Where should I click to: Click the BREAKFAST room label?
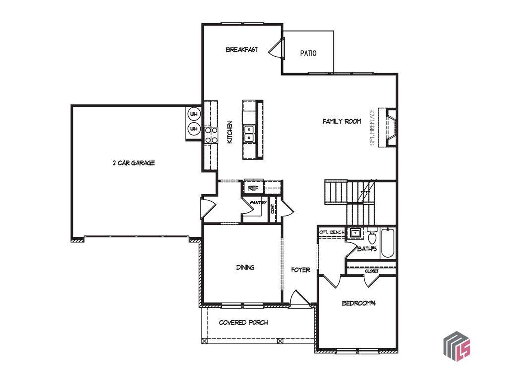[x=242, y=50]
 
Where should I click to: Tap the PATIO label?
[x=308, y=53]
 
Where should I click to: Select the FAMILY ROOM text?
[x=342, y=121]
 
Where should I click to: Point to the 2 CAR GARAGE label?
[x=134, y=163]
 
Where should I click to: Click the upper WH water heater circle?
[x=194, y=114]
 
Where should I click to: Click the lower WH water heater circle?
[x=194, y=129]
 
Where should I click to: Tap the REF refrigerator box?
[x=254, y=188]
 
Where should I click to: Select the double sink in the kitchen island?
[x=249, y=133]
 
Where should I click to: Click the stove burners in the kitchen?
[x=211, y=135]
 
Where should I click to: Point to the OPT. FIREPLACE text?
[x=372, y=127]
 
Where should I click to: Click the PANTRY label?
[x=258, y=202]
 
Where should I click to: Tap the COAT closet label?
[x=273, y=209]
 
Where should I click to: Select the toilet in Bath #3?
[x=372, y=236]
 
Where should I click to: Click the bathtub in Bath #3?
[x=388, y=243]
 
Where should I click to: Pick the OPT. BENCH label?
[x=332, y=232]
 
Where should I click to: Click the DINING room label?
[x=245, y=267]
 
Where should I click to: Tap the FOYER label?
[x=300, y=270]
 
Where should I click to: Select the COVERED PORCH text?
[x=244, y=322]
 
